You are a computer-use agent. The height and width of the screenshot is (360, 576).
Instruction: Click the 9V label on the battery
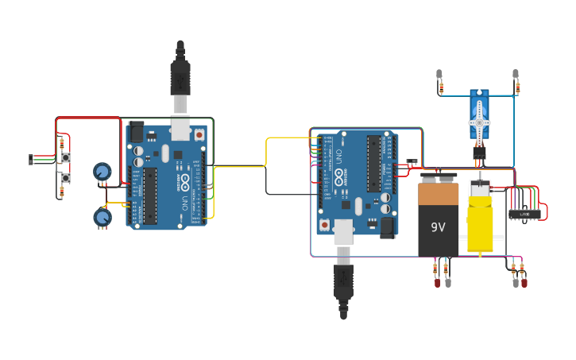pos(438,227)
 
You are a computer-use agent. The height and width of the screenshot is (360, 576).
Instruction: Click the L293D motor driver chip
pos(524,214)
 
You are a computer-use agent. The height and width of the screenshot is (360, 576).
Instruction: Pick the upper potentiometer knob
pos(102,171)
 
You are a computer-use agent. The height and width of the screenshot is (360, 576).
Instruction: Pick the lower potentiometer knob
pos(102,216)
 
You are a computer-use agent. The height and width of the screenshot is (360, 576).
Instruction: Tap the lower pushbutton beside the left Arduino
pos(65,178)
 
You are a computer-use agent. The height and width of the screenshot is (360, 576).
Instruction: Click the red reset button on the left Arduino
pos(198,135)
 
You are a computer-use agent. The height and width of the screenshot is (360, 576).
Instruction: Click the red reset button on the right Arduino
pos(325,225)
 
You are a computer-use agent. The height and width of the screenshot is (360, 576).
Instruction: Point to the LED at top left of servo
pos(439,75)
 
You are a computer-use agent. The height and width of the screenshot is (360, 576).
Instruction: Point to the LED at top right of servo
pos(516,75)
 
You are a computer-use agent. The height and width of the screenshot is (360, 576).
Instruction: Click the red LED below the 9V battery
pos(436,282)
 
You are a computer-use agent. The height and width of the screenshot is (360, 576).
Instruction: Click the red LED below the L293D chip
pos(524,282)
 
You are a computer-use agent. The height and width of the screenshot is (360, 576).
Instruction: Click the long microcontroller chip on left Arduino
pos(150,195)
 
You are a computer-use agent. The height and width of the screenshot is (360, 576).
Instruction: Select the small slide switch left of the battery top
pos(412,161)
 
